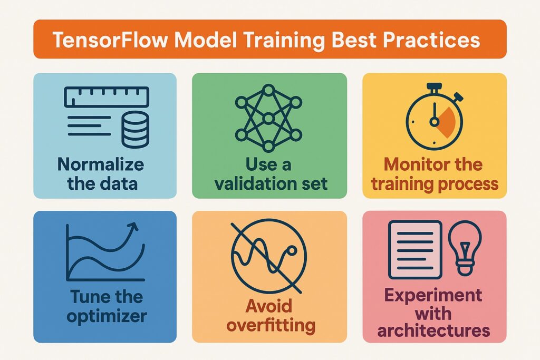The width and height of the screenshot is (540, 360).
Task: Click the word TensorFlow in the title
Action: pos(110,40)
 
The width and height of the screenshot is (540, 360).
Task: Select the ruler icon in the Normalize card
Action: pos(107,97)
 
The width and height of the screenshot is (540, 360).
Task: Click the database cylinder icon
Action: pos(136,130)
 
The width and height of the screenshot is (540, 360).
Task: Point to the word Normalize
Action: pos(101,164)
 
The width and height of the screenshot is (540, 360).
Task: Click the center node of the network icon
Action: pos(268,119)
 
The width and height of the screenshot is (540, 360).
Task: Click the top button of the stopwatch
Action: pos(434,86)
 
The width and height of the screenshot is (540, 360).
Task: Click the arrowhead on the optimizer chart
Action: pos(132,227)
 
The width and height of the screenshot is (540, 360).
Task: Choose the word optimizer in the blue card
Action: pos(107,316)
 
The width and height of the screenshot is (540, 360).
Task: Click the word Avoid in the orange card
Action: pos(268,306)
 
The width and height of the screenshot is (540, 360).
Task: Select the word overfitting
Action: pos(271,325)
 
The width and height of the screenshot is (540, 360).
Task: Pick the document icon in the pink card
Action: pos(415,249)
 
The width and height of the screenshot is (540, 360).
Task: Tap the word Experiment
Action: pos(433,296)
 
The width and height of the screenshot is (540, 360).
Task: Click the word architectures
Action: pos(433,330)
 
